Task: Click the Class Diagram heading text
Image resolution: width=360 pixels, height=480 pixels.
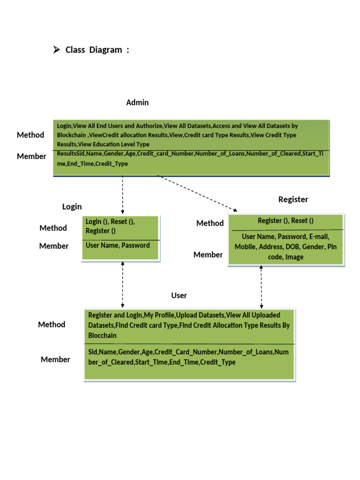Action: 97,50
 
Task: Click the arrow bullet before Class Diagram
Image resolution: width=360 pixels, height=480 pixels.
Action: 57,50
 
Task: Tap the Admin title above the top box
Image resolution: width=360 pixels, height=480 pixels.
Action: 137,102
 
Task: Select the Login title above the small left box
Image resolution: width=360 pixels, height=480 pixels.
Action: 72,207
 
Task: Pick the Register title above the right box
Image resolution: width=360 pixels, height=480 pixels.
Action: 293,199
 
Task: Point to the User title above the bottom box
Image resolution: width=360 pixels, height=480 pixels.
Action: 179,295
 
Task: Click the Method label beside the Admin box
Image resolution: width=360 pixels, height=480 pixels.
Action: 30,135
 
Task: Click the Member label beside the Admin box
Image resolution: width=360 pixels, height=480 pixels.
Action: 31,156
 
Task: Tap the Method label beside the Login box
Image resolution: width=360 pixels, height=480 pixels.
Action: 53,228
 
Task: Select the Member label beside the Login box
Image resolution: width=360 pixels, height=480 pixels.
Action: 54,246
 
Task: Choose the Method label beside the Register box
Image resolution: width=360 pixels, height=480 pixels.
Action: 210,223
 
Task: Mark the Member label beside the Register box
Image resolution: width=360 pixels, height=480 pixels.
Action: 208,255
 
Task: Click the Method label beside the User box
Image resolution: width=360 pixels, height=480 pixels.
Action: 52,324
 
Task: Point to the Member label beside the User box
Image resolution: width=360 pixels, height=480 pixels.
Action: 55,360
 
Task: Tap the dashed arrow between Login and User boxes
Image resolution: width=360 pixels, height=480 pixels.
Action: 123,284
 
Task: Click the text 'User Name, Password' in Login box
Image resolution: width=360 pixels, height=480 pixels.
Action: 118,245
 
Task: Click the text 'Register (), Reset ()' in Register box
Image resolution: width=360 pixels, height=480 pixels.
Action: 285,221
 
